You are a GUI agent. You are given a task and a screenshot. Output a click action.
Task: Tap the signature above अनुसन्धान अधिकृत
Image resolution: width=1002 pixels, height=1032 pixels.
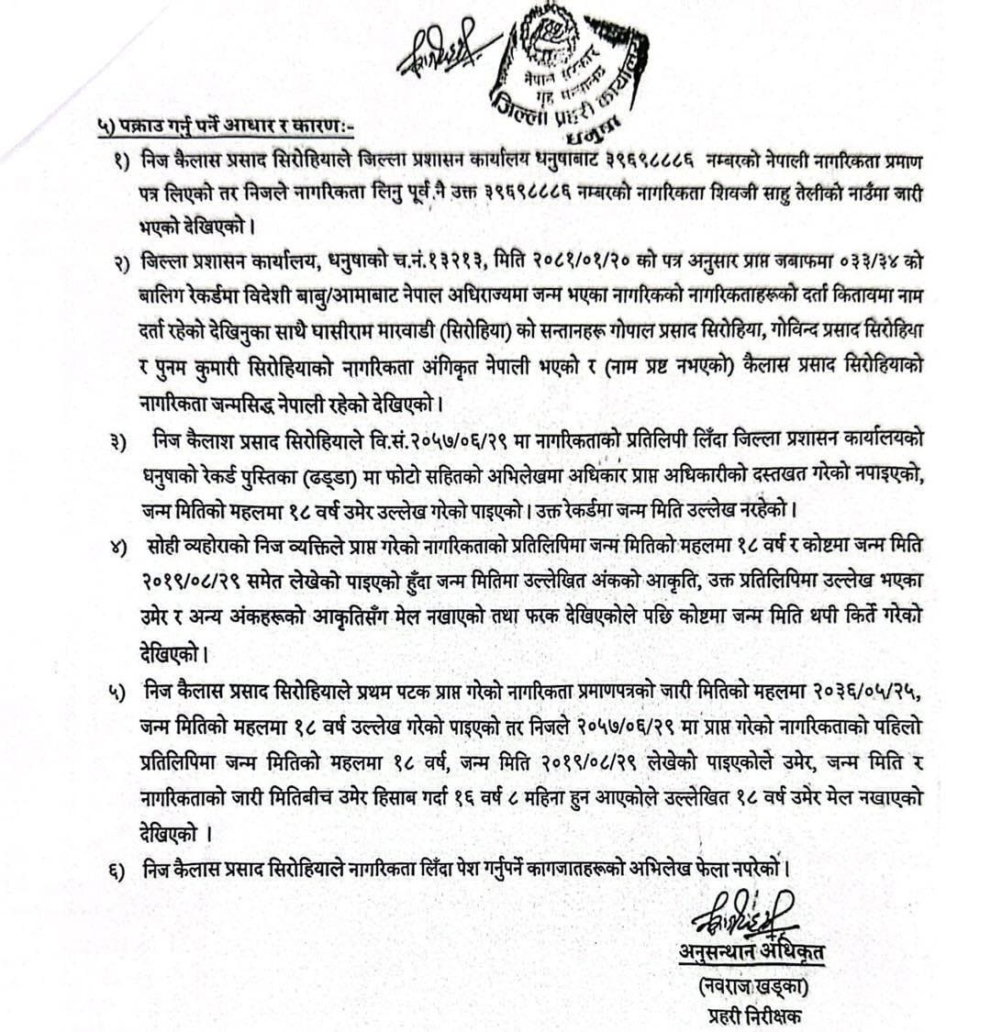point(745,914)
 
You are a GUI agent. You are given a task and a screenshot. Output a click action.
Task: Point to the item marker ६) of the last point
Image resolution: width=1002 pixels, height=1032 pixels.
point(119,869)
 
